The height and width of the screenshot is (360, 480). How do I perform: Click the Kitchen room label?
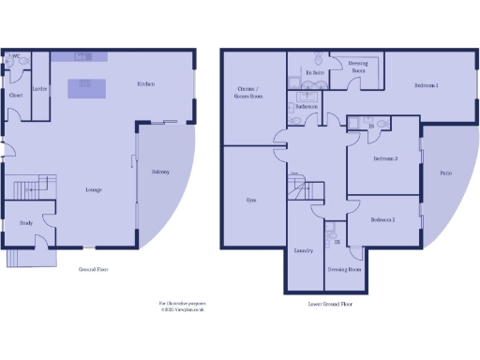point(146,84)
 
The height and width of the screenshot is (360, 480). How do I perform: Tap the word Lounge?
point(94,190)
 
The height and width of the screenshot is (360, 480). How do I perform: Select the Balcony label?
point(159,171)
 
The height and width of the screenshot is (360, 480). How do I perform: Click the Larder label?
point(40,89)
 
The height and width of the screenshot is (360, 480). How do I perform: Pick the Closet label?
point(16,95)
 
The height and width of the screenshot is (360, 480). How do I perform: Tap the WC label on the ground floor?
point(15,56)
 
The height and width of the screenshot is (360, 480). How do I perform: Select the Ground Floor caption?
point(94,269)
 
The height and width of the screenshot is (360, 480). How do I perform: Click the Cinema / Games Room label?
point(248,93)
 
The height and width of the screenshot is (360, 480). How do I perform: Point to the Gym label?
point(250,200)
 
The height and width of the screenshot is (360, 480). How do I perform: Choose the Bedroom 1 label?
point(427,86)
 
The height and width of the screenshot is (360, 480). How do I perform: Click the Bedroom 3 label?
point(385,158)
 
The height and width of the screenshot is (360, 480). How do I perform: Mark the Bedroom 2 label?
point(382,219)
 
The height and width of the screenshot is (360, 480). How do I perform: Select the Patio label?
point(445,172)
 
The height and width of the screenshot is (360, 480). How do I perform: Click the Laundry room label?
point(303,251)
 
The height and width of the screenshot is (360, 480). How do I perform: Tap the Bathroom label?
point(307,107)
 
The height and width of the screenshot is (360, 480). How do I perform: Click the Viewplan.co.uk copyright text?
point(182,309)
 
